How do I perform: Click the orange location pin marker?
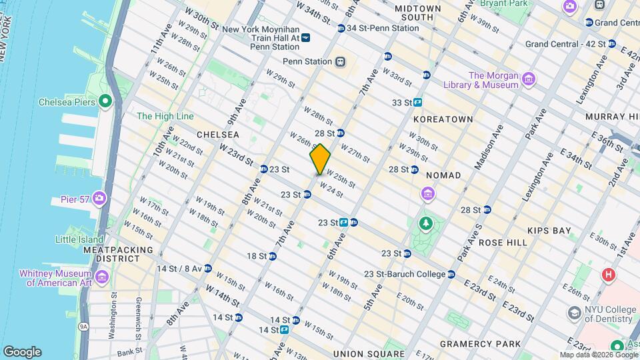(320, 159)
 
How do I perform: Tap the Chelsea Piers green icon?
(104, 101)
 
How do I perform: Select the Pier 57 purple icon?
(99, 198)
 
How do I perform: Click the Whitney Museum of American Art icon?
(101, 277)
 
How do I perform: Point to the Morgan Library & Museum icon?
(529, 80)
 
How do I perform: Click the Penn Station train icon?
(341, 61)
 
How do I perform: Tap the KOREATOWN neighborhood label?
(443, 119)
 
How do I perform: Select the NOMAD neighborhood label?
(443, 175)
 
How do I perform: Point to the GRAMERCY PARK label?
(480, 344)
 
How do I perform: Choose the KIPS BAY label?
(549, 231)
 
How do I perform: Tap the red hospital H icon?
(607, 275)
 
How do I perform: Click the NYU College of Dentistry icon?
(573, 313)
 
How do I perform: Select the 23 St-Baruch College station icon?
(451, 274)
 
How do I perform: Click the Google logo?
(22, 352)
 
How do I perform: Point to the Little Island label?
(79, 239)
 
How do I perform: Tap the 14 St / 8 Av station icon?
(208, 268)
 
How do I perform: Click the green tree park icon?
(425, 223)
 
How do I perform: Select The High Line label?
(165, 116)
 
